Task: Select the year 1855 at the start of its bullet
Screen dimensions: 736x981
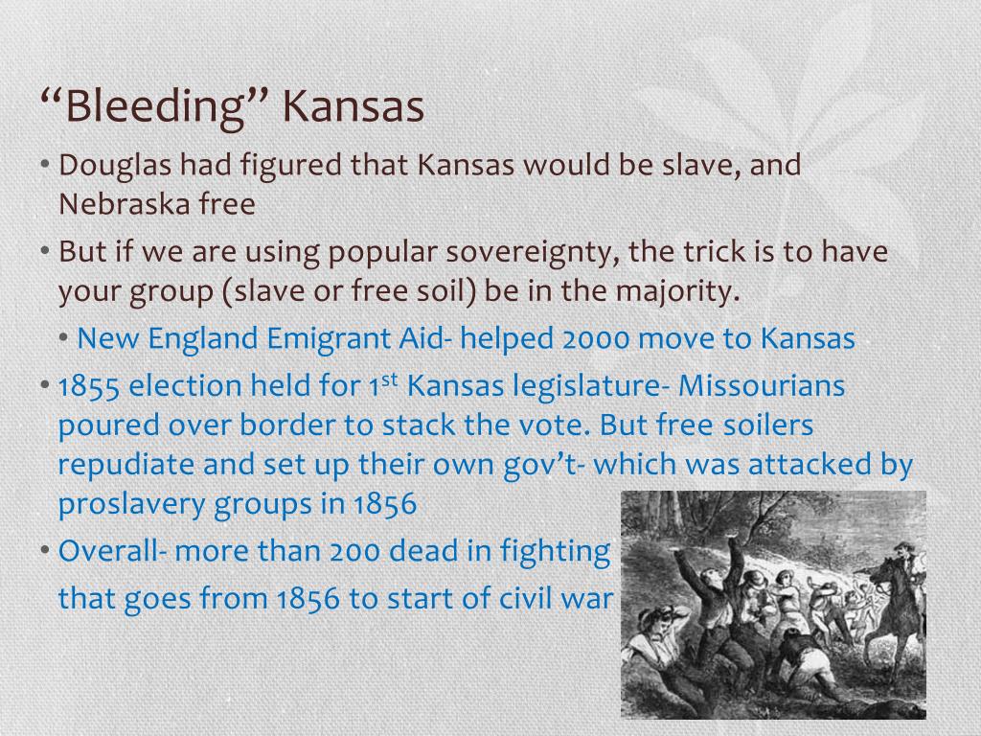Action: (x=90, y=386)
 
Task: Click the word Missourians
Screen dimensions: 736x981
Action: (x=762, y=386)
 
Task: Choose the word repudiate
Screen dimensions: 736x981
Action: (x=128, y=465)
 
